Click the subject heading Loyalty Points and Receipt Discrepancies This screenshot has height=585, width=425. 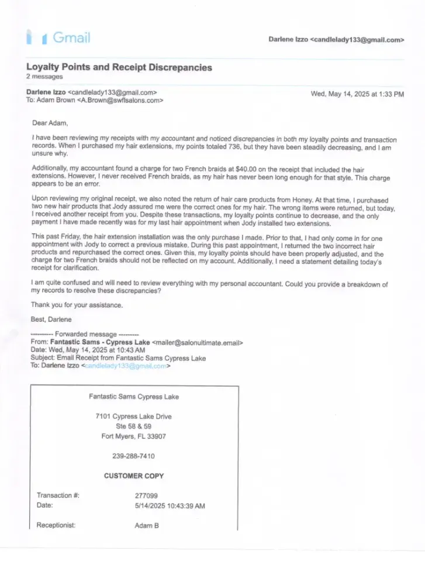[x=119, y=67]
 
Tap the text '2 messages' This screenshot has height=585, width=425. [x=44, y=77]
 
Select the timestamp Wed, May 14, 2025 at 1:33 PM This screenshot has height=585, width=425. [x=357, y=94]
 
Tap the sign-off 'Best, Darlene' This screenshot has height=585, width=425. [x=51, y=319]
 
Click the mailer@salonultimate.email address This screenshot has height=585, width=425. [x=197, y=342]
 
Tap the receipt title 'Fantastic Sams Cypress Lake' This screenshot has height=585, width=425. [x=134, y=397]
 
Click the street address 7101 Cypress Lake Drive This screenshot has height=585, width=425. [x=134, y=417]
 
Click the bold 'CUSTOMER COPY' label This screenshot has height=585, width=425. [x=134, y=476]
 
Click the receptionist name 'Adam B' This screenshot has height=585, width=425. [x=147, y=525]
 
